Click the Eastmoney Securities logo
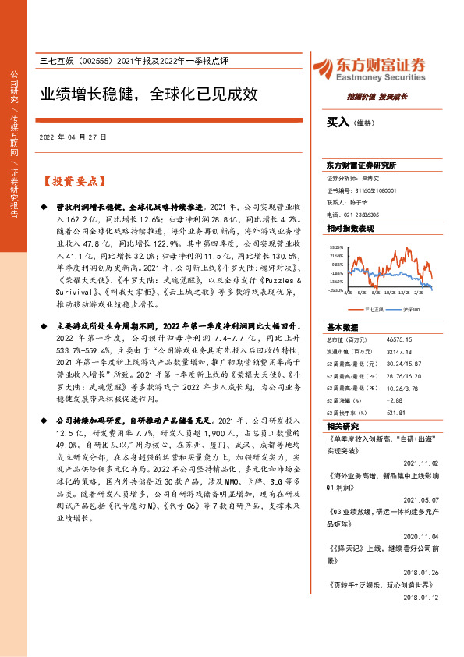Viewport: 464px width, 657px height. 368,68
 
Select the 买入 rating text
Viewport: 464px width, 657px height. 338,123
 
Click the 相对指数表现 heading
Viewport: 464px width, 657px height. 350,228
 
